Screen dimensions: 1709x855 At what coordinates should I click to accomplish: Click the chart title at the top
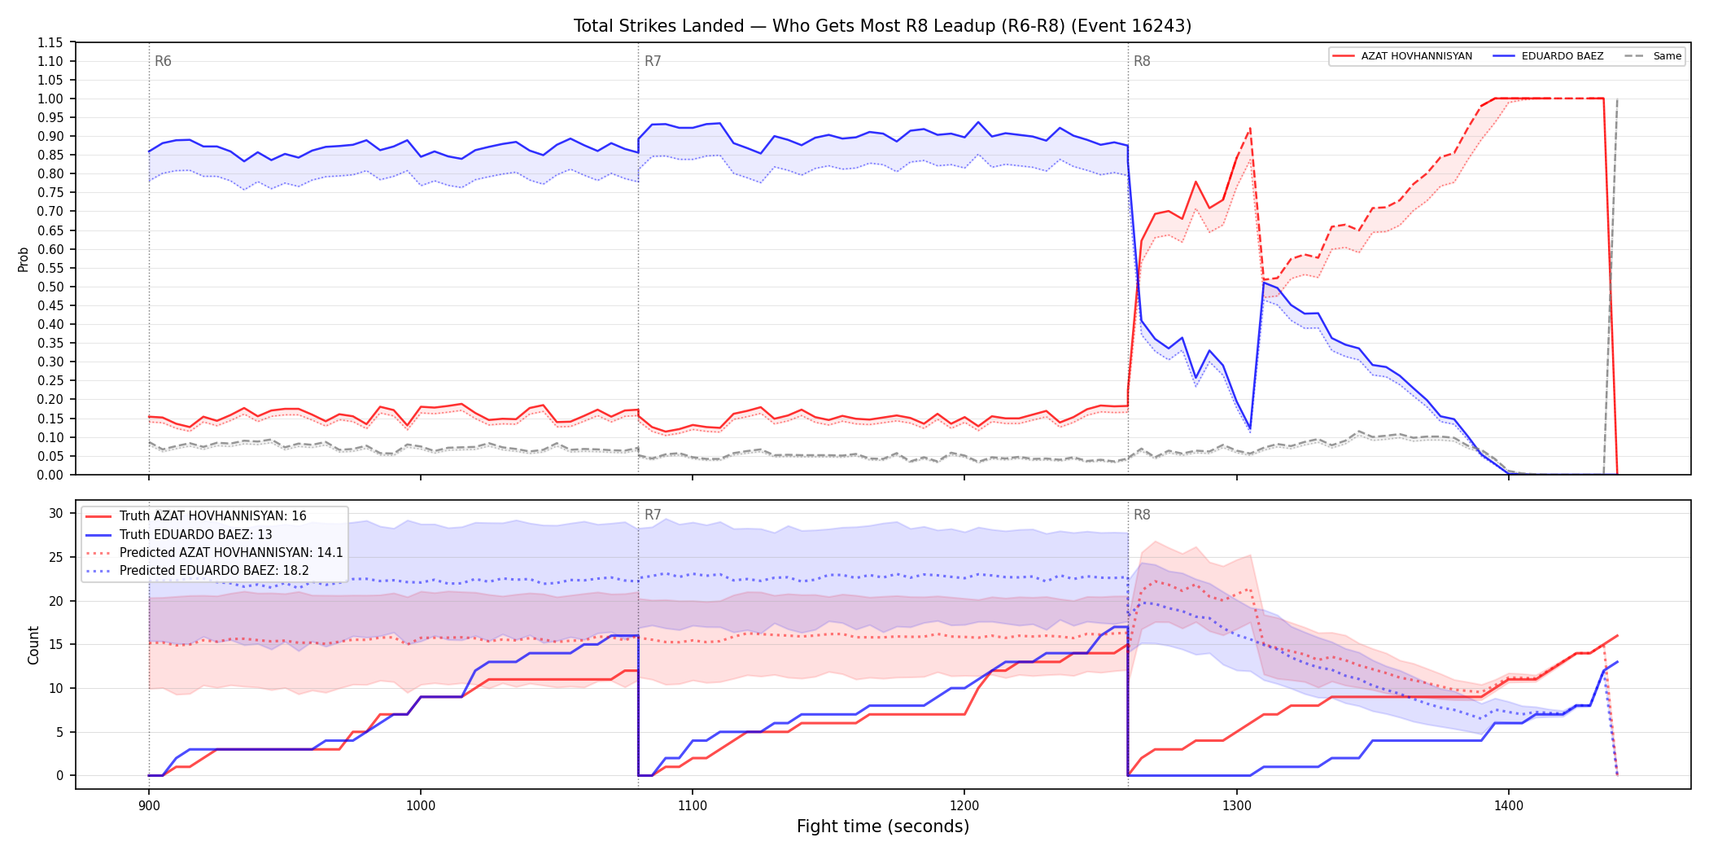882,26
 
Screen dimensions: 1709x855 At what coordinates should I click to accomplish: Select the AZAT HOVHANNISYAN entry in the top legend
1402,56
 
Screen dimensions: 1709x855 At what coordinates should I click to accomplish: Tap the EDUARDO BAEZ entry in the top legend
1549,56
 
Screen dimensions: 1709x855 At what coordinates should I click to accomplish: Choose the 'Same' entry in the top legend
1653,56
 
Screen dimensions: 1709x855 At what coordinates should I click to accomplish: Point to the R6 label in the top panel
163,61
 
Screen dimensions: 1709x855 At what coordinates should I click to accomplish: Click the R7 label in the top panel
653,61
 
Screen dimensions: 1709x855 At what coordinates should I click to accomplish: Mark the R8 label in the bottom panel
1142,515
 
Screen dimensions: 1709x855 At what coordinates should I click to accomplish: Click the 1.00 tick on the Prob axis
50,99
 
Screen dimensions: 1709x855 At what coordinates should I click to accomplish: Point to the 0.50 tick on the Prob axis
50,287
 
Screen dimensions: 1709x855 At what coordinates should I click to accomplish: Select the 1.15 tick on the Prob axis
50,42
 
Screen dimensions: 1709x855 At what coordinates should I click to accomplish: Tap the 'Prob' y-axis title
23,259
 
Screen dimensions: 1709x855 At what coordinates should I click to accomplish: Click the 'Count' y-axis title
33,645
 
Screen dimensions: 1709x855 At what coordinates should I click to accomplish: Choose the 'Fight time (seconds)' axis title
883,826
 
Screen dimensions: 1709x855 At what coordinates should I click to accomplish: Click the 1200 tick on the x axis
964,806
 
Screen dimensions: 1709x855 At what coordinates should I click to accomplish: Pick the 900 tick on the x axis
148,806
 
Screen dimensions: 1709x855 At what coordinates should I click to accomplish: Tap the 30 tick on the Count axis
56,513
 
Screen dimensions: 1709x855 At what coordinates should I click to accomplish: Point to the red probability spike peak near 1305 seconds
1250,128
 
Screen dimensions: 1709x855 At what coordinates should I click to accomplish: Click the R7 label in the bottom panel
653,515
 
